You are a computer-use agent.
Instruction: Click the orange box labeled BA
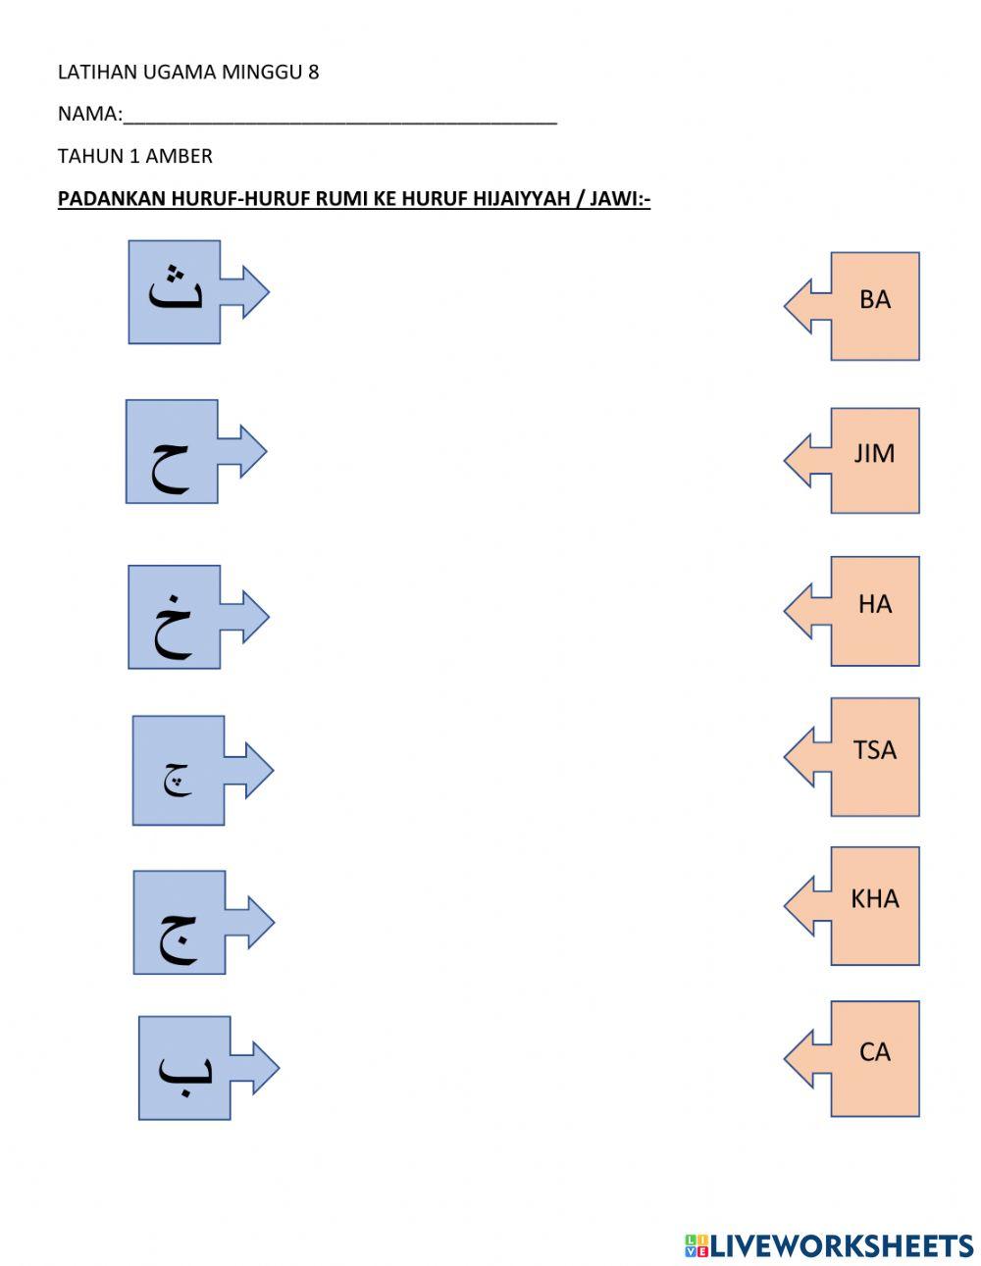[874, 300]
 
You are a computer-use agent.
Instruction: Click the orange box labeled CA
[874, 1053]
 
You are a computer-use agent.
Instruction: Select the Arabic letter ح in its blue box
[171, 467]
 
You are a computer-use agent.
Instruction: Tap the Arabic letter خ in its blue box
[173, 628]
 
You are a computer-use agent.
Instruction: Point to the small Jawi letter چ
[178, 782]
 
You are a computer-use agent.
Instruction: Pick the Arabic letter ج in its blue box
[179, 938]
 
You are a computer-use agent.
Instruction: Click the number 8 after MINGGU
[313, 73]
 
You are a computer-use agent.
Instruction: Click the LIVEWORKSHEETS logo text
[841, 1245]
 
